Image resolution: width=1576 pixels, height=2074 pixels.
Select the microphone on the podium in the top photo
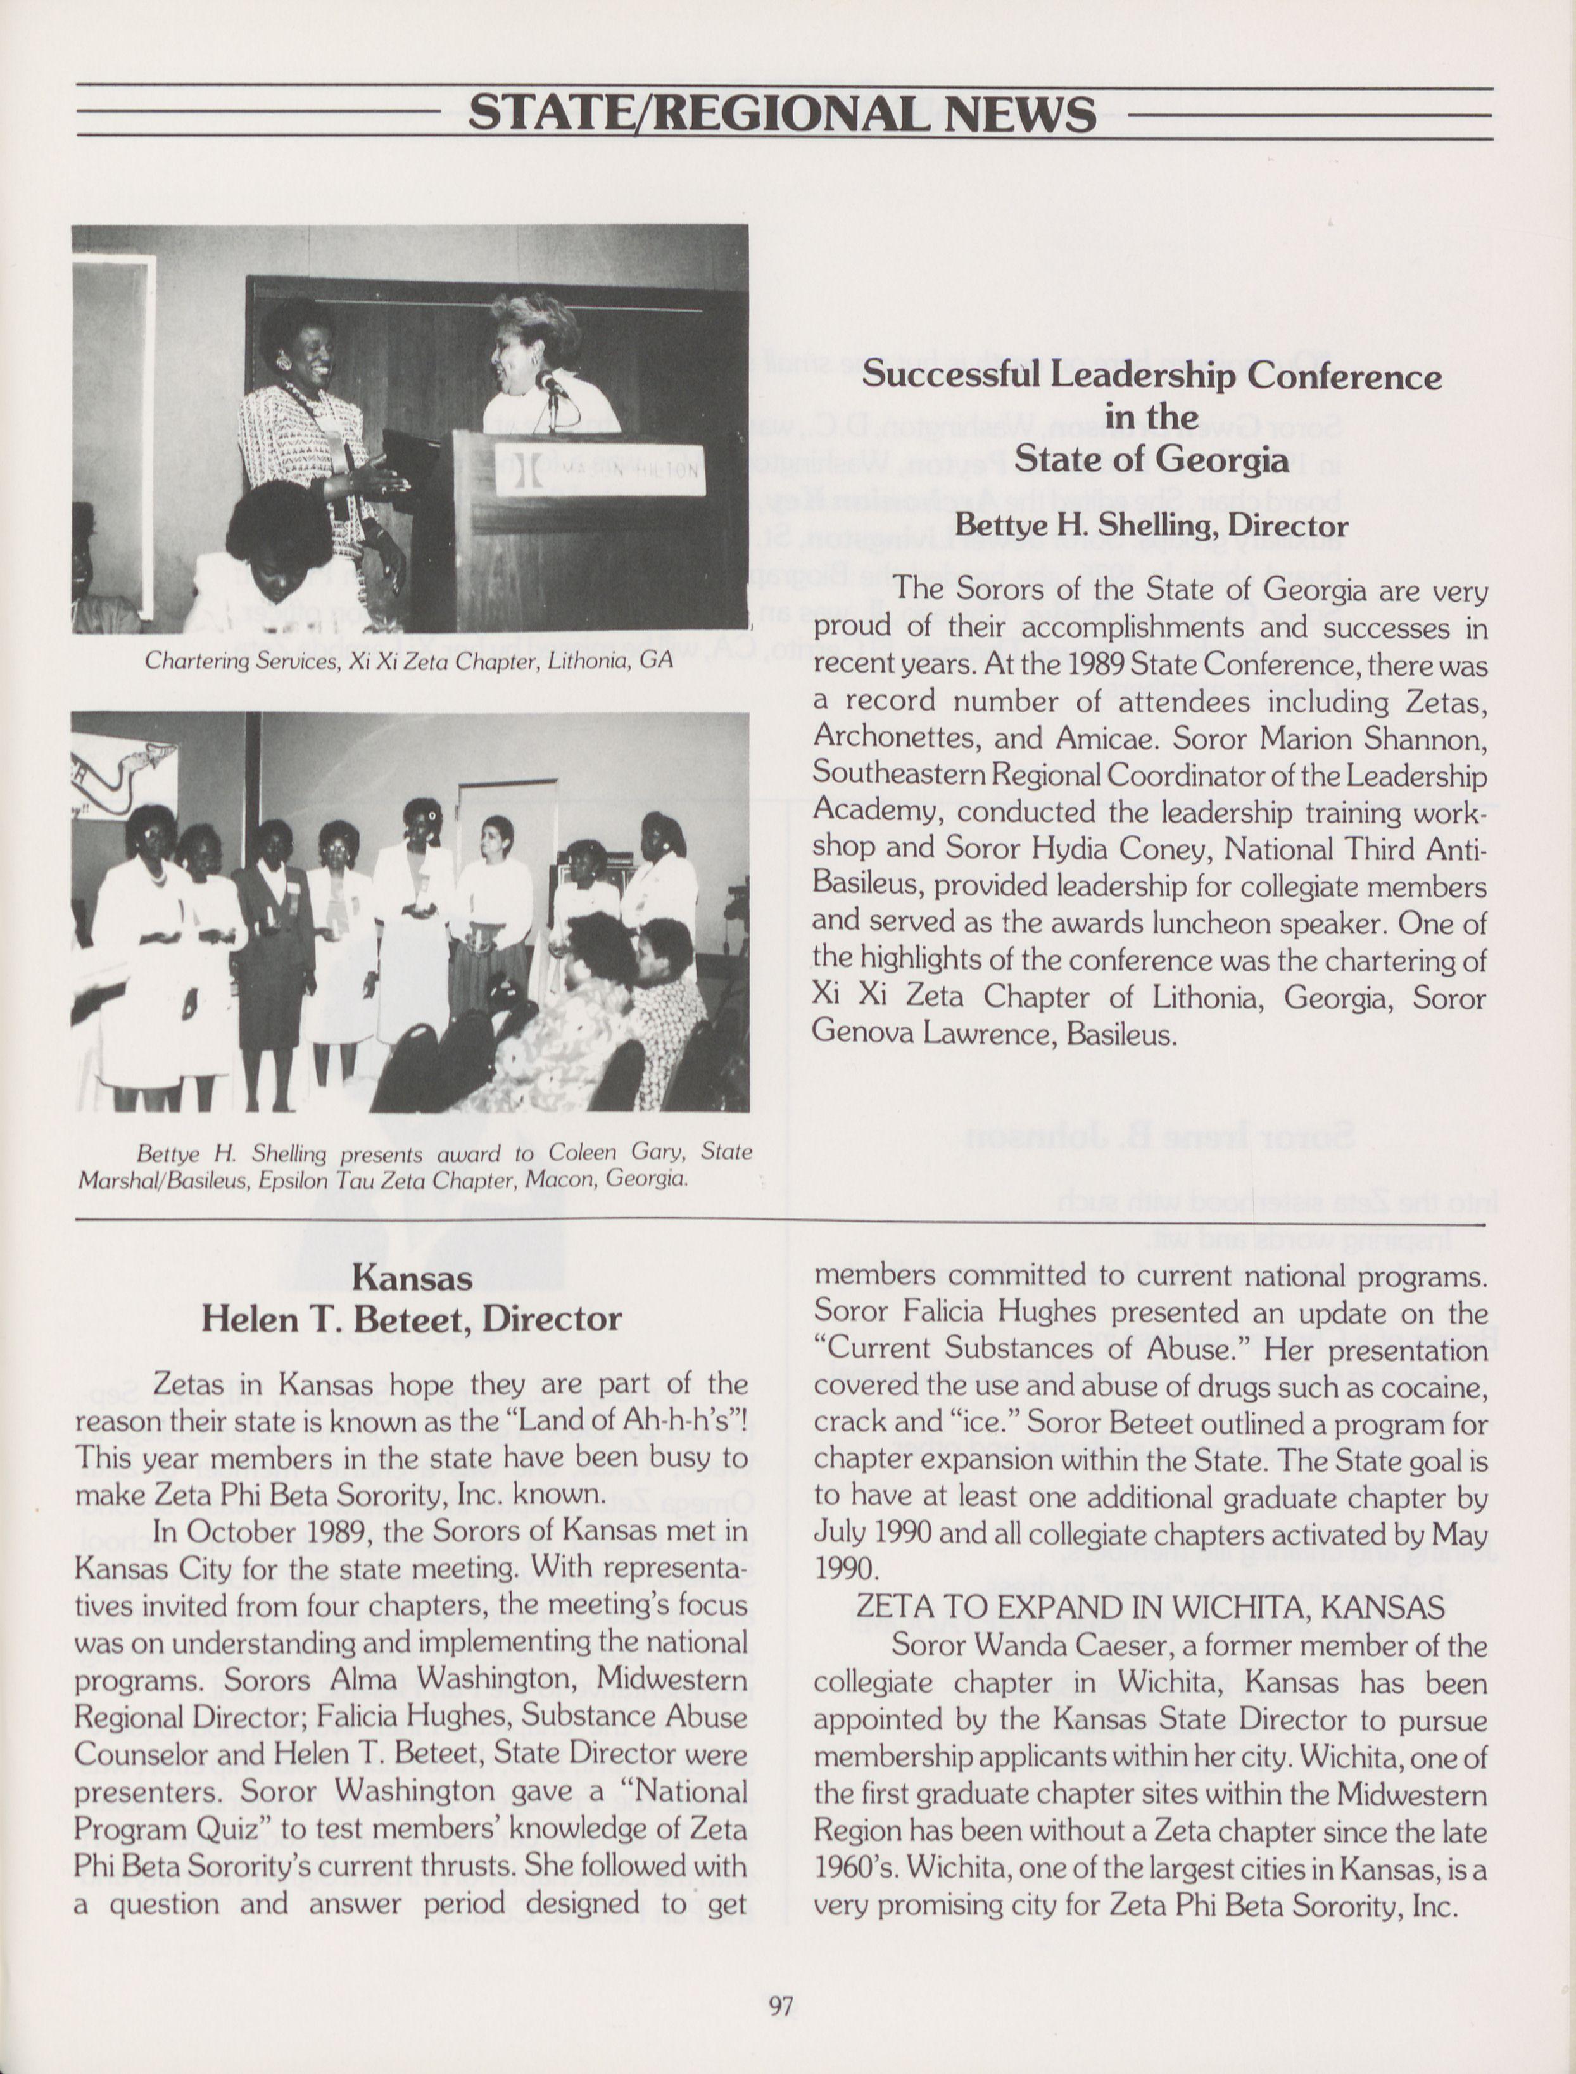click(x=552, y=383)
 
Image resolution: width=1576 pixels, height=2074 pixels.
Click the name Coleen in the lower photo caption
click(x=584, y=1152)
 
